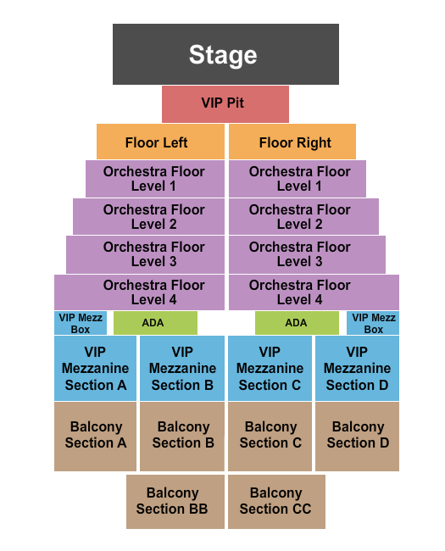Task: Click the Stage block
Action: point(225,54)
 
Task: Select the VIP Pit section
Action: point(225,104)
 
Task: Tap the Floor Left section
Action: point(160,142)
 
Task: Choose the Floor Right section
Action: point(292,142)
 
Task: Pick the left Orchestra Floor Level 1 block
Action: point(155,179)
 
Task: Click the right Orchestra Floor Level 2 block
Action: point(303,216)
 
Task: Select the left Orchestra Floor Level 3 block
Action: point(145,254)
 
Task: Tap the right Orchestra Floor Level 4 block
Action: point(314,292)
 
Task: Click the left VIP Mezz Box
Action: point(81,323)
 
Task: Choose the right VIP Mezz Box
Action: point(373,323)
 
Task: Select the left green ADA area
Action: point(155,323)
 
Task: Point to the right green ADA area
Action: point(297,323)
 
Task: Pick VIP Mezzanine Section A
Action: point(95,368)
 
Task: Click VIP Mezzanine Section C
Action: point(270,368)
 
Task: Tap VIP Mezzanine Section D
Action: point(357,368)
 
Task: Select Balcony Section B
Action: point(182,437)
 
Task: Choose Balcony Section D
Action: point(357,437)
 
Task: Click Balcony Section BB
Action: point(175,502)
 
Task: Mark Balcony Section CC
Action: point(276,502)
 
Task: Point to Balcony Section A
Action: point(95,437)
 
